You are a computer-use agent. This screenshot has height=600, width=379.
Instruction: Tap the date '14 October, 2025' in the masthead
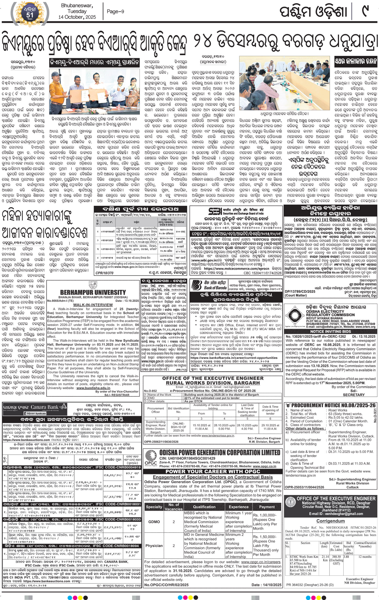[77, 17]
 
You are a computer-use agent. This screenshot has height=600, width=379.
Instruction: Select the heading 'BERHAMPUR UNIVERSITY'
[93, 293]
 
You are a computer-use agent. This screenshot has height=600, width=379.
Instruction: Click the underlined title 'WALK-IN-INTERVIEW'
[93, 305]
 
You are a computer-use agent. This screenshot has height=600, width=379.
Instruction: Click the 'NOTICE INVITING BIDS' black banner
[331, 331]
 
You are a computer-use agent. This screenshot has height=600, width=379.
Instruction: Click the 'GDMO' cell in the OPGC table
[154, 522]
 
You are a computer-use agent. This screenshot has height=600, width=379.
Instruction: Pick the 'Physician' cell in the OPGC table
[154, 546]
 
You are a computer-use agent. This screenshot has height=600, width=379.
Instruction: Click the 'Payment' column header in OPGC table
[267, 507]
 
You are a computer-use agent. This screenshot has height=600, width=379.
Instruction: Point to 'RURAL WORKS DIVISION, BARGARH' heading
[213, 383]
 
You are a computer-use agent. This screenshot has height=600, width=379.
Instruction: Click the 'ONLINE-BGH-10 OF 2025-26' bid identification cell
[178, 427]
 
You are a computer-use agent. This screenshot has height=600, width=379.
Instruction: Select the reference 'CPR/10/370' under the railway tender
[104, 273]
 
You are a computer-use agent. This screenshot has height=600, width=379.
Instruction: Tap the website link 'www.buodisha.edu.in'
[93, 388]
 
